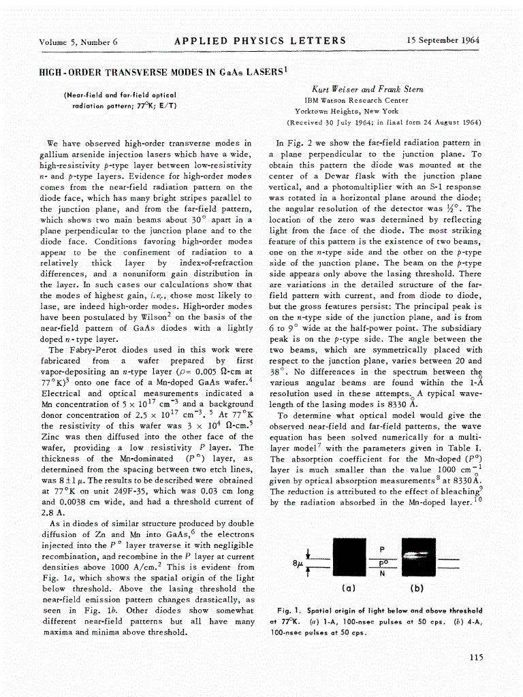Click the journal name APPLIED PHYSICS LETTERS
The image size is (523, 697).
click(x=261, y=40)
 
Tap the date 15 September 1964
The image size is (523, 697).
click(x=443, y=40)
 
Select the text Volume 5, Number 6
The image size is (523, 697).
click(x=78, y=42)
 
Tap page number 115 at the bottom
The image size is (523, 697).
click(x=476, y=657)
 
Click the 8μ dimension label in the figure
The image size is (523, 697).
click(x=295, y=564)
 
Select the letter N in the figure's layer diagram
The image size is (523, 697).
click(x=381, y=573)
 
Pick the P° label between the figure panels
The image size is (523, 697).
click(x=382, y=562)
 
